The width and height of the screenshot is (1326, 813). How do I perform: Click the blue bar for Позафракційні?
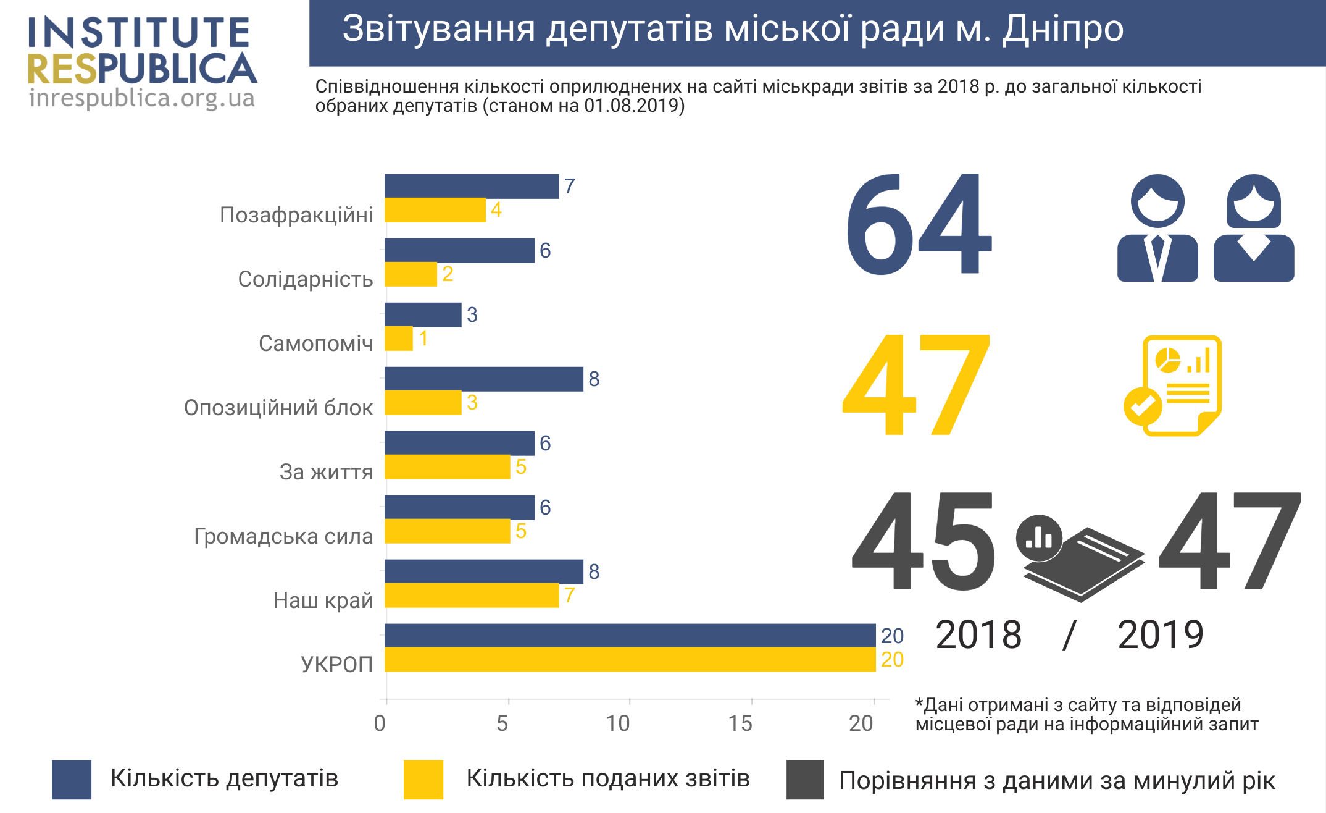pyautogui.click(x=472, y=186)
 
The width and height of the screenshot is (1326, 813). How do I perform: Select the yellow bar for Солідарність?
pyautogui.click(x=411, y=274)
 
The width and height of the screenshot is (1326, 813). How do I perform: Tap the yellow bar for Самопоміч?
pyautogui.click(x=399, y=339)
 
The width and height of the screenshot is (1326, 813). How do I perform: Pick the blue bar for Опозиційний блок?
pyautogui.click(x=483, y=379)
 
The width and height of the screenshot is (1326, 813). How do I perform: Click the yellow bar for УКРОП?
pyautogui.click(x=630, y=660)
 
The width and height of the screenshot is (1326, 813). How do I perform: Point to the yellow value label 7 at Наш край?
pyautogui.click(x=569, y=596)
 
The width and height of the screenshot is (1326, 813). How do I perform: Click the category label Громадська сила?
pyautogui.click(x=283, y=536)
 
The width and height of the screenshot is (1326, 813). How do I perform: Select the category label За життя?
pyautogui.click(x=326, y=472)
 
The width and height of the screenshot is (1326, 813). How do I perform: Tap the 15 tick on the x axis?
pyautogui.click(x=740, y=723)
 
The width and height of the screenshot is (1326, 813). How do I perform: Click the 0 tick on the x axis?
pyautogui.click(x=380, y=723)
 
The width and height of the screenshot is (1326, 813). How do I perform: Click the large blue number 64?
pyautogui.click(x=919, y=225)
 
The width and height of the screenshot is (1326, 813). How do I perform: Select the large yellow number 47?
pyautogui.click(x=917, y=384)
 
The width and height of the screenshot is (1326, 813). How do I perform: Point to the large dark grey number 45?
pyautogui.click(x=924, y=542)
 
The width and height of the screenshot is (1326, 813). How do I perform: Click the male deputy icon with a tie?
pyautogui.click(x=1157, y=229)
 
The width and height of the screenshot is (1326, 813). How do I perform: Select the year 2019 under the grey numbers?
pyautogui.click(x=1161, y=634)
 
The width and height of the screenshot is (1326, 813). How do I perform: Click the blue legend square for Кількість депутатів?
pyautogui.click(x=72, y=780)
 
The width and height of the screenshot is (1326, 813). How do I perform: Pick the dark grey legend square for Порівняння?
pyautogui.click(x=805, y=780)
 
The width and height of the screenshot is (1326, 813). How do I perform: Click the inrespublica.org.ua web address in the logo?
pyautogui.click(x=142, y=98)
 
